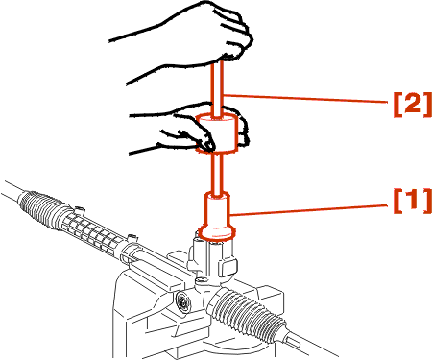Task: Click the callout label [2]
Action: (x=413, y=103)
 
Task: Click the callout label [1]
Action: (x=413, y=201)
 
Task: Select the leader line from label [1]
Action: (x=310, y=210)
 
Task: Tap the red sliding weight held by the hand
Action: (x=217, y=132)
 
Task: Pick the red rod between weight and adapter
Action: (x=217, y=174)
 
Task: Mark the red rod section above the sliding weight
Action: (x=216, y=88)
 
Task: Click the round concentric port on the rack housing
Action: (x=183, y=302)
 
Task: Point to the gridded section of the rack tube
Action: (x=93, y=233)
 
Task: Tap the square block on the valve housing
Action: (x=229, y=266)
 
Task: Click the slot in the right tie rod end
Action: (x=294, y=341)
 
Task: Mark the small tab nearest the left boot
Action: (x=80, y=210)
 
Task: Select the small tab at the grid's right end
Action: (x=131, y=238)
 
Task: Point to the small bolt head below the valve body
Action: (x=201, y=280)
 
